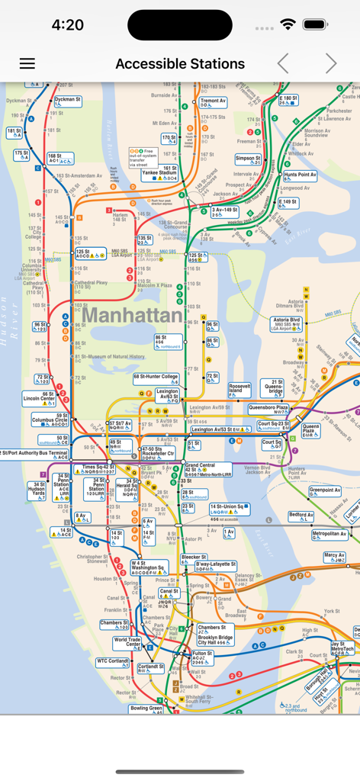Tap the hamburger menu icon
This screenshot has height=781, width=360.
[27, 64]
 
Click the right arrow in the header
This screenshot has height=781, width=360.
[330, 64]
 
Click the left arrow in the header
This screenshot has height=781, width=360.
[283, 64]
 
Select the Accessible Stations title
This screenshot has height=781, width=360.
[180, 64]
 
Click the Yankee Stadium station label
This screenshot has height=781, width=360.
[159, 173]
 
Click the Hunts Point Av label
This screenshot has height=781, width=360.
[300, 175]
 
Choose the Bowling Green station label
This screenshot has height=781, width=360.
[146, 709]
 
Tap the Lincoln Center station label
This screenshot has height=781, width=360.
[39, 398]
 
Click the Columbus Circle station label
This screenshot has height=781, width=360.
[50, 419]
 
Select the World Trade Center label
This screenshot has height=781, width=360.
[127, 642]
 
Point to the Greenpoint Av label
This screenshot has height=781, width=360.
[325, 490]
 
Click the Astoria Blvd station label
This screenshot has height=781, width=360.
[287, 323]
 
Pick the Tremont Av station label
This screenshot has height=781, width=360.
[213, 101]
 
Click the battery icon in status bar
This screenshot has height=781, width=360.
[315, 24]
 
